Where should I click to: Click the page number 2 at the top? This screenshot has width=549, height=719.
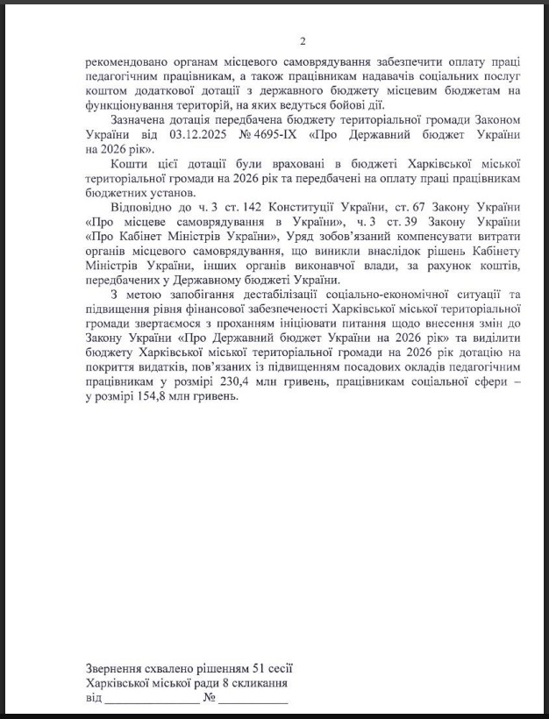(x=303, y=41)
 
